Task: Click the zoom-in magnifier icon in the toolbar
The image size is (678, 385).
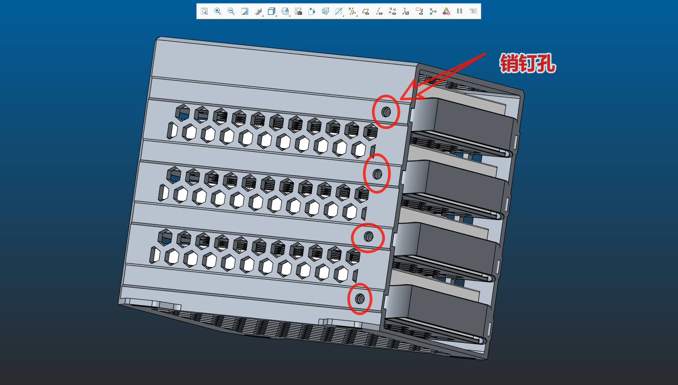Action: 218,12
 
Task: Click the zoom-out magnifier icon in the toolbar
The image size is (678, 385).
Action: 231,12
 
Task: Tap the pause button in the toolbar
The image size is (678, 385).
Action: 459,11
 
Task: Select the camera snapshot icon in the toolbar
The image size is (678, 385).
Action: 298,12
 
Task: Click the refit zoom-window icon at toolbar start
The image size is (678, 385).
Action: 204,12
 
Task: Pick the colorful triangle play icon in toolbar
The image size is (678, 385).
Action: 446,12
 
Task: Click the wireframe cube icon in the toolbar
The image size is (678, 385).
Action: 272,12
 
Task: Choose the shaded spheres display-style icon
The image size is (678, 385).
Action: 258,12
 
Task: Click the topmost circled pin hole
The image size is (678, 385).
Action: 386,112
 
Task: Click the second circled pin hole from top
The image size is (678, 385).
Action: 377,174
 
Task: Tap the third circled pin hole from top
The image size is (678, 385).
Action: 368,236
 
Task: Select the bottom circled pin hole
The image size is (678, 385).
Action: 359,299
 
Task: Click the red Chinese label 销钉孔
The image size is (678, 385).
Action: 527,63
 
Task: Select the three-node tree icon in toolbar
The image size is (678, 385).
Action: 433,12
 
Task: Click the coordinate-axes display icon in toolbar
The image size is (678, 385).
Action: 406,12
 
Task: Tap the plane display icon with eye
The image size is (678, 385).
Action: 366,12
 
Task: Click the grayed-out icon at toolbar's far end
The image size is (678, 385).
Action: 473,11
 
